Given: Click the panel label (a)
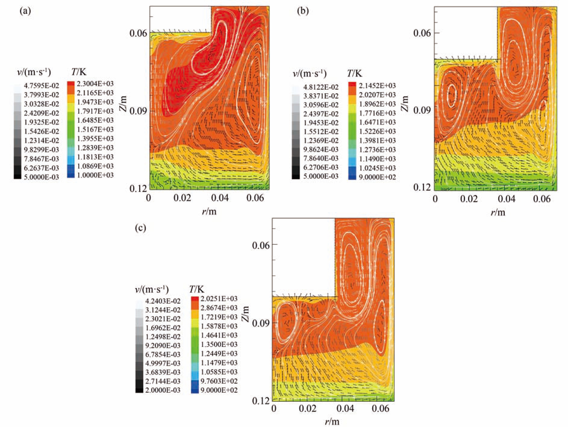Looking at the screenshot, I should pyautogui.click(x=25, y=11).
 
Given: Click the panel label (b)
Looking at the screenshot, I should pyautogui.click(x=303, y=11).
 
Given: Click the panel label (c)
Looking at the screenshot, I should pyautogui.click(x=141, y=228).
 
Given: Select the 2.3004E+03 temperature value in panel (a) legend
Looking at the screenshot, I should pyautogui.click(x=95, y=84).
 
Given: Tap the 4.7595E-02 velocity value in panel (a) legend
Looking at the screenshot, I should pyautogui.click(x=41, y=86).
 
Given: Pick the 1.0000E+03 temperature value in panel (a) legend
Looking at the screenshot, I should pyautogui.click(x=95, y=175).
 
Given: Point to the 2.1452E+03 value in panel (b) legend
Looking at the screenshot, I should pyautogui.click(x=377, y=86).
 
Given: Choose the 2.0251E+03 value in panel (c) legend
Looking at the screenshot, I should pyautogui.click(x=219, y=299).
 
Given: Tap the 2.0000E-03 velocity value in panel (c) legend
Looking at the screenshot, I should pyautogui.click(x=163, y=390).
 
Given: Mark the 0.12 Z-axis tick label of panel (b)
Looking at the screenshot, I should pyautogui.click(x=422, y=187).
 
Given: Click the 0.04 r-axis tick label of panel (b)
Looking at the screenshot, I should pyautogui.click(x=508, y=199).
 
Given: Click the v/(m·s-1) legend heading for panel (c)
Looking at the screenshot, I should pyautogui.click(x=151, y=289).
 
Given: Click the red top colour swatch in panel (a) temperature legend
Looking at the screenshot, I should pyautogui.click(x=70, y=84).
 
